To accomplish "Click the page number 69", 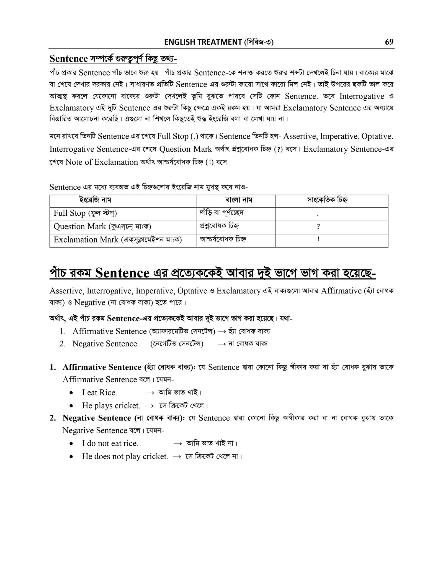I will [389, 42].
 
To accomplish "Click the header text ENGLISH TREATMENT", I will [203, 42].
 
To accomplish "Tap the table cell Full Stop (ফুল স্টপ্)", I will [85, 213].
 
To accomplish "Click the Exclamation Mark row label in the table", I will [117, 239].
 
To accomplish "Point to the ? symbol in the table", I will [318, 227].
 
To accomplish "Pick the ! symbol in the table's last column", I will [318, 239].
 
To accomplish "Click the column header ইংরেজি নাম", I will [95, 200].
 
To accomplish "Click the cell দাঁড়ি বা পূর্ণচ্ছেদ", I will [221, 213].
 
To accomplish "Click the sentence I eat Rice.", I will [99, 393].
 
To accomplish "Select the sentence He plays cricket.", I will [111, 406].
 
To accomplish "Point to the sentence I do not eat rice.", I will [110, 443].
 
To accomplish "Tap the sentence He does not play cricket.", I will [125, 456].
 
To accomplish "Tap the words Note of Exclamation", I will [102, 162].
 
